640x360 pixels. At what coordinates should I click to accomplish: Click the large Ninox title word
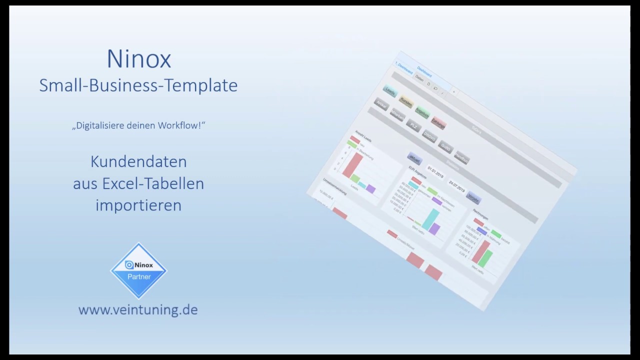138,59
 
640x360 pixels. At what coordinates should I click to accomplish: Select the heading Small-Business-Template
138,85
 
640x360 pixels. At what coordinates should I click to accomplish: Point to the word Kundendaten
138,161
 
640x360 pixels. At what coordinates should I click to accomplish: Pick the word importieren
138,205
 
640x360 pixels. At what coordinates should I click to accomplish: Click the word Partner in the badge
138,276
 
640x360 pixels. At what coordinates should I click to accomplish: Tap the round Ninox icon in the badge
129,265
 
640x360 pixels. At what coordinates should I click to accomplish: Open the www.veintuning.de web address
138,309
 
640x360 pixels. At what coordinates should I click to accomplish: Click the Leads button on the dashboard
390,91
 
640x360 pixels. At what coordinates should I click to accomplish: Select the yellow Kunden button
406,102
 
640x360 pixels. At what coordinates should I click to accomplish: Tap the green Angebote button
422,113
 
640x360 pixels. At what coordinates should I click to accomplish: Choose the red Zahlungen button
438,123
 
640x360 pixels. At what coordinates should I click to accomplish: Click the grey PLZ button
413,126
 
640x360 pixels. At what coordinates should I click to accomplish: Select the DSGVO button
429,136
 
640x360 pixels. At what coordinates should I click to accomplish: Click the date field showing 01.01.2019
435,173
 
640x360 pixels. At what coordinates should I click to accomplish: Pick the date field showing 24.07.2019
456,186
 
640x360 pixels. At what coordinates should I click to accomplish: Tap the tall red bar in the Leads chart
352,165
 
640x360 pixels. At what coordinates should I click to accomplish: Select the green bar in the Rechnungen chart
485,258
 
